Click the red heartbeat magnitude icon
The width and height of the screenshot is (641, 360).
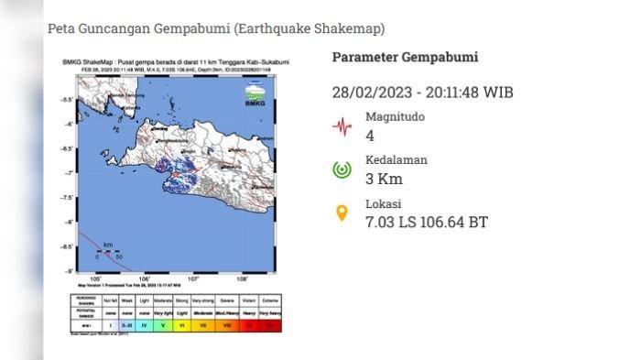pos(342,126)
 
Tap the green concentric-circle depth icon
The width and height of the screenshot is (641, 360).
pos(342,169)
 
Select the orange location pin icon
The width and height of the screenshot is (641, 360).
pos(342,213)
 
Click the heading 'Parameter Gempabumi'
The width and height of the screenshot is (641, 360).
pos(405,58)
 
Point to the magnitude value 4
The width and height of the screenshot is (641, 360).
pos(370,136)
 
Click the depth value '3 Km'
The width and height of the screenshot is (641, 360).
pos(385,179)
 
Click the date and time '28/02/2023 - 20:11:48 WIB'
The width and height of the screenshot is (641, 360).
pos(422,93)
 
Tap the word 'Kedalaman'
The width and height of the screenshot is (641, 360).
pos(397,160)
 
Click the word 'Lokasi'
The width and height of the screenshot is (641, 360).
pos(384,203)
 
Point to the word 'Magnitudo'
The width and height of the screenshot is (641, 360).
pos(396,117)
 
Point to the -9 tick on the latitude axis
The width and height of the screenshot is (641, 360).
pos(68,271)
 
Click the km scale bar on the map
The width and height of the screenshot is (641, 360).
pos(108,251)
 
